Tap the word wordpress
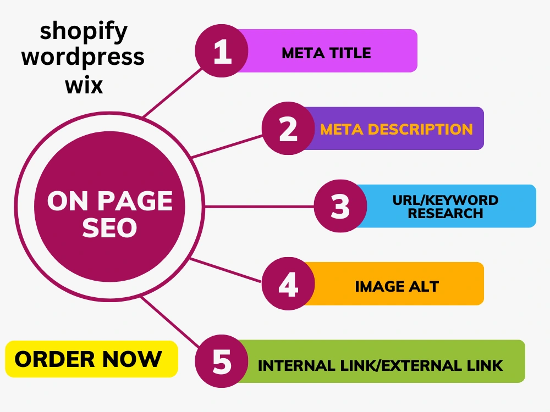[83, 57]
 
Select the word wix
[84, 85]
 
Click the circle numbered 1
[222, 51]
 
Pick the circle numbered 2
[288, 128]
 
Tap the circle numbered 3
[340, 206]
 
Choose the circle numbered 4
[288, 284]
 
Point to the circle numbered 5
[222, 361]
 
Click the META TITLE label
[326, 53]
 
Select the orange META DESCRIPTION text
[397, 129]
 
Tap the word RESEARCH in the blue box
[446, 213]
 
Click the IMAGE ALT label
[397, 287]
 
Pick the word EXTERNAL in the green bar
[422, 366]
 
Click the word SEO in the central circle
[109, 228]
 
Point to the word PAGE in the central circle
[135, 201]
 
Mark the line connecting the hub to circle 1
[173, 92]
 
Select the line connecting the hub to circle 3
[259, 207]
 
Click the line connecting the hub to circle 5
[170, 322]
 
